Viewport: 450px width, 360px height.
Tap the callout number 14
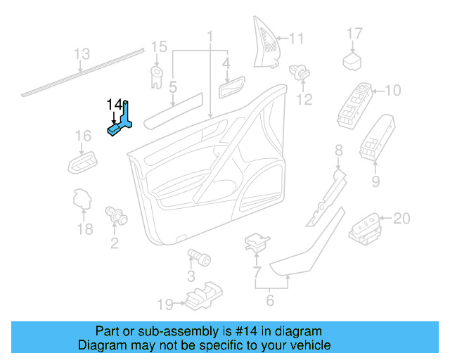[x=114, y=105]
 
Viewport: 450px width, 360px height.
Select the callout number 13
[x=82, y=54]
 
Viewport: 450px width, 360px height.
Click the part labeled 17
[x=352, y=61]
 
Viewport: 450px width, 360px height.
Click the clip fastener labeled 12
[x=300, y=72]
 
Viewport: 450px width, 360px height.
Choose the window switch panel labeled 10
[x=354, y=105]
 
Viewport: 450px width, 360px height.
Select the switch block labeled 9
[x=377, y=138]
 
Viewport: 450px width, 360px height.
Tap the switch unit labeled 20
[x=365, y=229]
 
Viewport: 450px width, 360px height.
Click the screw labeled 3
[x=199, y=257]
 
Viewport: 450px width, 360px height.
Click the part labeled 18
[x=82, y=199]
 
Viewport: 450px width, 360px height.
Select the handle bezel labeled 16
[x=82, y=163]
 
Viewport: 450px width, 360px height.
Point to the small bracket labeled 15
[x=157, y=77]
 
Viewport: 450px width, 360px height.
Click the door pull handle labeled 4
[x=232, y=86]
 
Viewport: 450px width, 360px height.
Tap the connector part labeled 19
[x=204, y=296]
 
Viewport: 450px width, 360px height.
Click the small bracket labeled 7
[x=256, y=243]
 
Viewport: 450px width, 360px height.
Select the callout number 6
[x=270, y=300]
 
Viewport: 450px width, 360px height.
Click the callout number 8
[x=339, y=150]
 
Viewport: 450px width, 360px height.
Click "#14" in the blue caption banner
[x=245, y=331]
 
